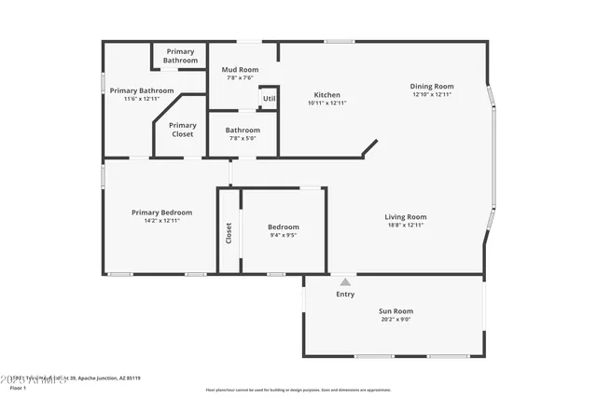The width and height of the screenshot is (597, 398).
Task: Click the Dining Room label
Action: (432, 87)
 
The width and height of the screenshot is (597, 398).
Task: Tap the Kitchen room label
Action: (326, 94)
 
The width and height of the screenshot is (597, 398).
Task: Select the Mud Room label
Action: (240, 69)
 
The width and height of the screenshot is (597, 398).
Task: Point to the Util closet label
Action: (269, 98)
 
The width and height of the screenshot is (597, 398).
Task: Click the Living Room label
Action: (406, 217)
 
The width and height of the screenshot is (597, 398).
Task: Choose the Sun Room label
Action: (396, 311)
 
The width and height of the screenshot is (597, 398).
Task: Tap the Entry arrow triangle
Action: (345, 281)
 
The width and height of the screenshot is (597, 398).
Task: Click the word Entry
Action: (345, 295)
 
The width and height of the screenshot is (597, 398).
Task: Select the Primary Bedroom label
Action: (161, 213)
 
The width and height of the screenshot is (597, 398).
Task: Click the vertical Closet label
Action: (229, 232)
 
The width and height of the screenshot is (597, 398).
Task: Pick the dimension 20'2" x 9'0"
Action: (396, 320)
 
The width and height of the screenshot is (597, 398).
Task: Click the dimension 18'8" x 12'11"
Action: (406, 225)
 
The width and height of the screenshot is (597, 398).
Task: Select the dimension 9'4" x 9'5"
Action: (284, 235)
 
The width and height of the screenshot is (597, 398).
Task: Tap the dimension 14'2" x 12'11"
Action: (161, 221)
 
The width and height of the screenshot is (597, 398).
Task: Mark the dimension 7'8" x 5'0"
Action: (243, 138)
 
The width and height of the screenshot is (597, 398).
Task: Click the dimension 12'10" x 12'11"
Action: (432, 94)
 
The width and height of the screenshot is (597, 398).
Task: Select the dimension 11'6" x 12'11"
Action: (142, 98)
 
